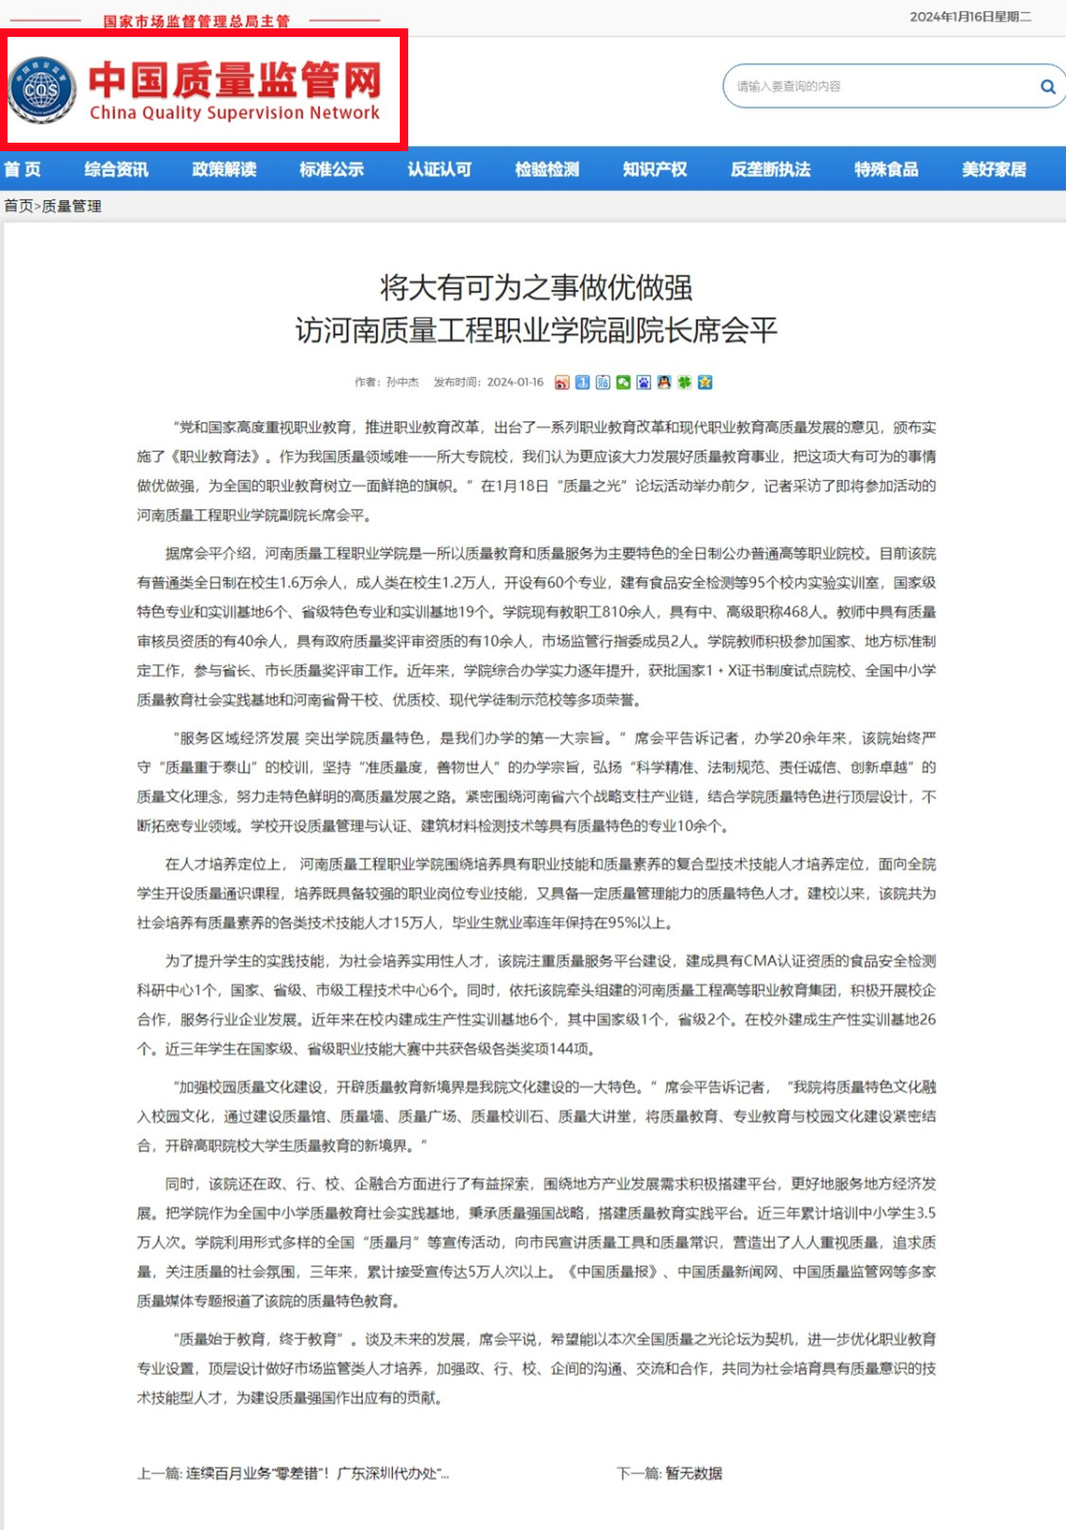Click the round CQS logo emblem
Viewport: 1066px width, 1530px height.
42,90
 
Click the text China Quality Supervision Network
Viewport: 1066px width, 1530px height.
234,113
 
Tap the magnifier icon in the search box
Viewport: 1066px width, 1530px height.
1047,87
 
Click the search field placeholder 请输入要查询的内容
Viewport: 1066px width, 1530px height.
788,87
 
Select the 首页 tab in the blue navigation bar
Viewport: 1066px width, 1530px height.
23,169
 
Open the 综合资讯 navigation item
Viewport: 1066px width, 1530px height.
116,169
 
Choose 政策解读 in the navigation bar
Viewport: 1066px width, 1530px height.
224,169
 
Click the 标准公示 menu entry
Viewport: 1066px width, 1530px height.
332,169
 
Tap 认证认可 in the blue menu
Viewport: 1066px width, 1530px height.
439,169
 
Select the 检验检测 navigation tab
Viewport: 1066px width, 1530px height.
547,169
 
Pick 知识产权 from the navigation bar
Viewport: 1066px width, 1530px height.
655,169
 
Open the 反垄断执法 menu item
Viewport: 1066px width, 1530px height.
770,169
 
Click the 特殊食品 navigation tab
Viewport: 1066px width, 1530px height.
886,169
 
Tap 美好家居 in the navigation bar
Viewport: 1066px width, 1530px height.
994,169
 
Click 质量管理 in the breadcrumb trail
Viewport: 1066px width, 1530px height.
72,206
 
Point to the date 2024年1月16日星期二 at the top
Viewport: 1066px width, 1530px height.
971,17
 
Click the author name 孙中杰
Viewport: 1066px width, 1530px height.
403,383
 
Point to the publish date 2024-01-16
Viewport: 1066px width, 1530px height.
515,383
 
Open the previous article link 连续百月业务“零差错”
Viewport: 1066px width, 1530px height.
317,1473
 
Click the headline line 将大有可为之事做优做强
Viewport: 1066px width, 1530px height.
536,286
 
